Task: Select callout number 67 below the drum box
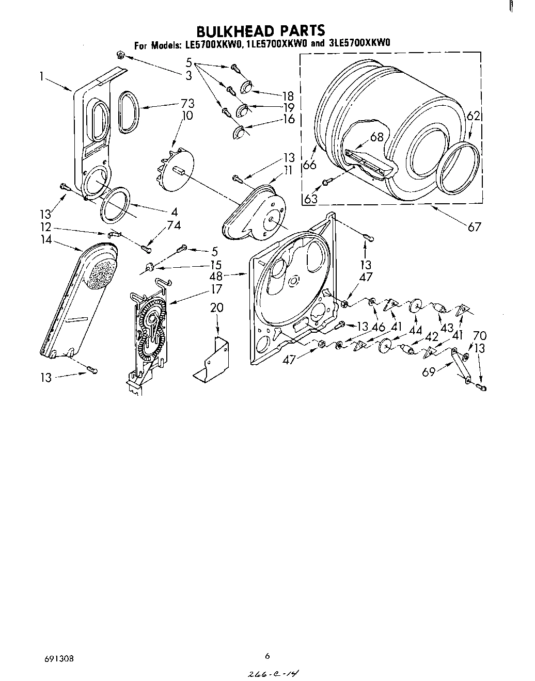click(474, 226)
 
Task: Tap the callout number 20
click(217, 308)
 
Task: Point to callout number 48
click(216, 276)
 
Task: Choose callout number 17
click(216, 289)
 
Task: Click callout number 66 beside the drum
click(309, 165)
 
